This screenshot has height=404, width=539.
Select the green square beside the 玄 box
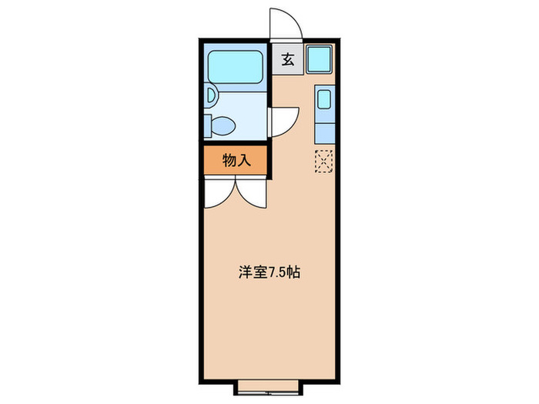[x=319, y=60]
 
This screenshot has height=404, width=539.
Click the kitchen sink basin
[x=324, y=99]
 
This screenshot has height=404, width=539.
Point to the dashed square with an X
[x=324, y=160]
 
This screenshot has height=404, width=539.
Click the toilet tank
[x=208, y=125]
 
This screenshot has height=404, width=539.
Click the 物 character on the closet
[x=229, y=161]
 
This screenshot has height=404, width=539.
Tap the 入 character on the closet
[x=246, y=161]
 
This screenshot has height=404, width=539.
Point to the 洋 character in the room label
[x=246, y=273]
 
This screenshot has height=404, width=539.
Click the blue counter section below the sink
[x=324, y=132]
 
